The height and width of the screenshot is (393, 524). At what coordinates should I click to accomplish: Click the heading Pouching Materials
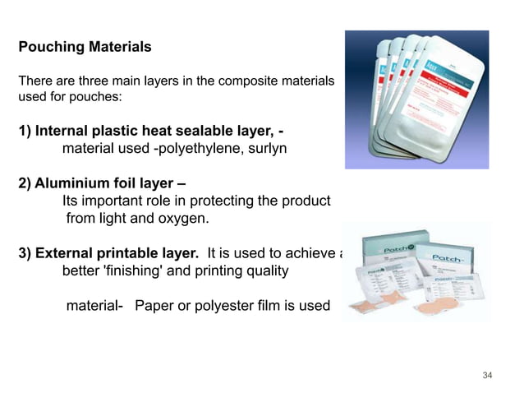click(85, 47)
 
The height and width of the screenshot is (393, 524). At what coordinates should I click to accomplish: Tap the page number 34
click(488, 376)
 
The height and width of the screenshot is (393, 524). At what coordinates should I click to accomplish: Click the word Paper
click(154, 306)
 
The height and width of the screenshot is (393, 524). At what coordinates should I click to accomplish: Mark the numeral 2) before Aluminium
click(25, 182)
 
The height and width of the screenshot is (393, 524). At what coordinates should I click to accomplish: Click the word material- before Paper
click(94, 306)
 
